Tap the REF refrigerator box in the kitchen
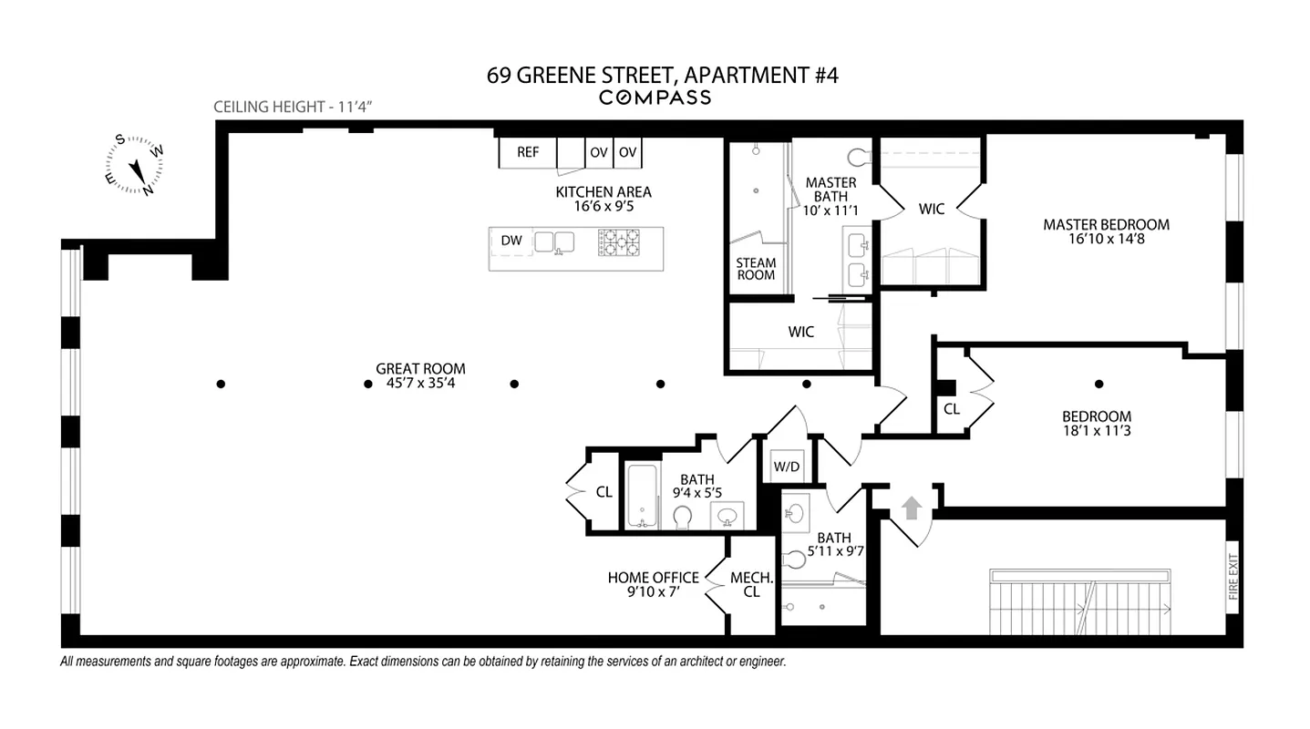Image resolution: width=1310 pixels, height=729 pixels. coord(528,152)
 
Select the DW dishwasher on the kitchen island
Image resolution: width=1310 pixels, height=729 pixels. coord(511,241)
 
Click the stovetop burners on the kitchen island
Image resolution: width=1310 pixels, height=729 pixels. coord(620,241)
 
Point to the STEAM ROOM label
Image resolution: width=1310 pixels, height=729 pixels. coord(756,269)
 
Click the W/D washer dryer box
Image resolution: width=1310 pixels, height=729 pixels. coord(786,467)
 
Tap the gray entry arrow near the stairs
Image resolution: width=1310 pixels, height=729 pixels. coord(912,508)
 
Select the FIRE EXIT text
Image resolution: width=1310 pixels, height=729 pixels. coord(1233,577)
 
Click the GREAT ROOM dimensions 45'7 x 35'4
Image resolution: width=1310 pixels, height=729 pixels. coord(420,383)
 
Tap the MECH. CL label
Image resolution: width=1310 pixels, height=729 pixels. coord(751,585)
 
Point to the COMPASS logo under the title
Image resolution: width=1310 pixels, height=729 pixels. coord(655,98)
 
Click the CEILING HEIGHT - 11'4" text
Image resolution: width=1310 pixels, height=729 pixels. coord(294,107)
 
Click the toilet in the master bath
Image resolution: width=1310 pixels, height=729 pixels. coord(858,155)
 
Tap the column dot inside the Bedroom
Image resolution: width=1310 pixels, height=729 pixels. coord(1099,384)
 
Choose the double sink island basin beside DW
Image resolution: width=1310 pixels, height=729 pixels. coord(554,241)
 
